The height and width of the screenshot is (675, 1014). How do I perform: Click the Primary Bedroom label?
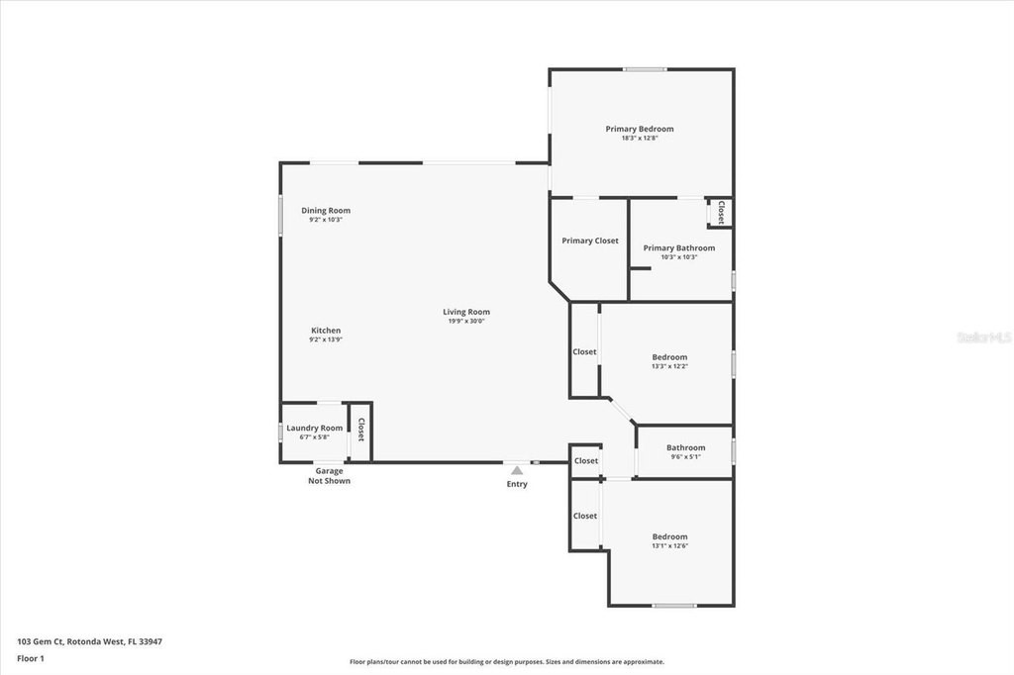(639, 129)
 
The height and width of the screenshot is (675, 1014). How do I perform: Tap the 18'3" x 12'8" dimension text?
(639, 139)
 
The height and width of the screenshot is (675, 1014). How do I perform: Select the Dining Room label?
(326, 210)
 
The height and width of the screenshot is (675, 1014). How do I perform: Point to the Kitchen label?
(326, 331)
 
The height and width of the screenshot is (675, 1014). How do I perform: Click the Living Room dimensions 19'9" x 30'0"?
(466, 322)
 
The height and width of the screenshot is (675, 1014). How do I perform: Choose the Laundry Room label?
(314, 428)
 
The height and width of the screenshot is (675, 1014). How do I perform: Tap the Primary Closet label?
(590, 241)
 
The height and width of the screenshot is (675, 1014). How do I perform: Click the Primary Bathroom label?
(679, 247)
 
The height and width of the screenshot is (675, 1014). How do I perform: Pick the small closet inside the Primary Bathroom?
(720, 212)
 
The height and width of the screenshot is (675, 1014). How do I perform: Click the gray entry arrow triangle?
(517, 471)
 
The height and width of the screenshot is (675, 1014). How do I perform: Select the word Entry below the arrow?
(517, 484)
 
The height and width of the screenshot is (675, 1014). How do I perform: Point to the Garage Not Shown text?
(329, 476)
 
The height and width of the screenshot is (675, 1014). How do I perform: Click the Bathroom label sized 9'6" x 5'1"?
(685, 447)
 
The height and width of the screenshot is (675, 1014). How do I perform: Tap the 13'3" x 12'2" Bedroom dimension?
(669, 366)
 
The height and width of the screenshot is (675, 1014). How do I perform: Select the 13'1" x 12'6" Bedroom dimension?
(669, 546)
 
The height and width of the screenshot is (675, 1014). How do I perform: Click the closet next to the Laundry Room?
(360, 432)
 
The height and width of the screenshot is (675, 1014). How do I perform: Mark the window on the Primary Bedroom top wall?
(645, 69)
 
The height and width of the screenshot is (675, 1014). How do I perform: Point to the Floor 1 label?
(31, 659)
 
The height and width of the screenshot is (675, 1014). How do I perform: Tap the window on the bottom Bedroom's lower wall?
(673, 606)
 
